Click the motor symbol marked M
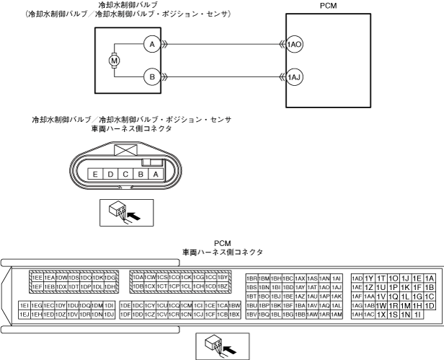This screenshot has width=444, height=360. click(113, 61)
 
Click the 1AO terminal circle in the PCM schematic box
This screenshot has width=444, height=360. click(294, 44)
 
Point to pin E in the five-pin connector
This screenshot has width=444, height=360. click(94, 174)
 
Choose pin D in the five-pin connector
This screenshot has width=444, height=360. click(110, 174)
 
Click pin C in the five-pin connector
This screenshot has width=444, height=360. click(125, 174)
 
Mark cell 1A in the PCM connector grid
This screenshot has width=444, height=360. click(430, 278)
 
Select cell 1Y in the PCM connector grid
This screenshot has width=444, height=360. click(369, 278)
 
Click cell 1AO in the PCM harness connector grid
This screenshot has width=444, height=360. click(324, 287)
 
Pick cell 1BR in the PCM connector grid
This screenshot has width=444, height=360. click(252, 278)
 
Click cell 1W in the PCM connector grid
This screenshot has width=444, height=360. click(381, 305)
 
